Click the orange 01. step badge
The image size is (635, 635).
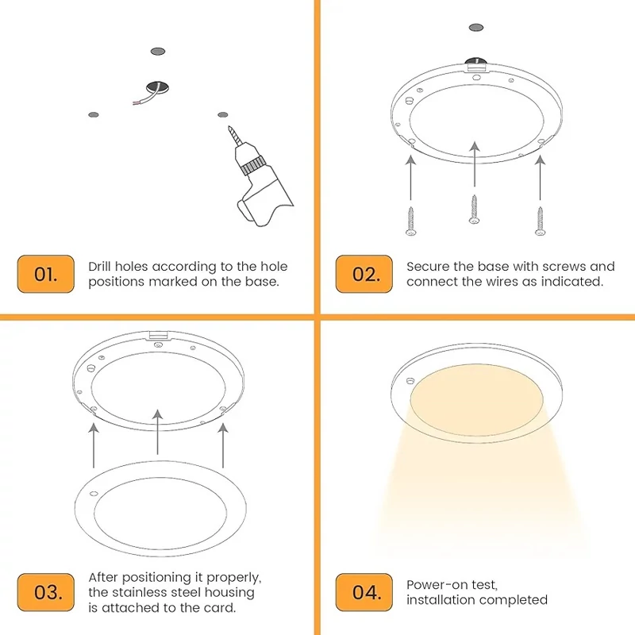46,274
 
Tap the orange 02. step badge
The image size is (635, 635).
364,274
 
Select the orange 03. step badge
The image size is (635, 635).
46,592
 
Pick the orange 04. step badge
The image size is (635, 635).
364,592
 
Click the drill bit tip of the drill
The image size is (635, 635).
229,127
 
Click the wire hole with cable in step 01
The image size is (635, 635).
157,87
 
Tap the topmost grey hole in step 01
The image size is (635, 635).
157,52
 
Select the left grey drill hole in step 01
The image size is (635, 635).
94,114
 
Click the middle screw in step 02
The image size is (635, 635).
474,209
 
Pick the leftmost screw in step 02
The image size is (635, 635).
410,221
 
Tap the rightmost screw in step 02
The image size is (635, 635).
540,221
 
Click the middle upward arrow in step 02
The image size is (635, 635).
475,164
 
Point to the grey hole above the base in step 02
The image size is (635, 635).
476,28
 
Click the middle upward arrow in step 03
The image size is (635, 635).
157,432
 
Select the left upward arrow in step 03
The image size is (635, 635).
94,445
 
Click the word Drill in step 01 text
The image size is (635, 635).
100,267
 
